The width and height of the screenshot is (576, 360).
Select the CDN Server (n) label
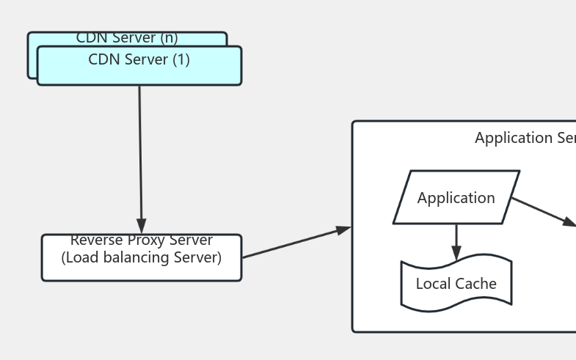(127, 38)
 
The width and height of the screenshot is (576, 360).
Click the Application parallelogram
(456, 197)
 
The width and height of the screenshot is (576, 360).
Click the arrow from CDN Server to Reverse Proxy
(140, 154)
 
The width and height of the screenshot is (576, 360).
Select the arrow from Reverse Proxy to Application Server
(294, 243)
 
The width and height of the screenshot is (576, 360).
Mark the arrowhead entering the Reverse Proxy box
(141, 226)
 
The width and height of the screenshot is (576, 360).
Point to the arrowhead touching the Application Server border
(343, 230)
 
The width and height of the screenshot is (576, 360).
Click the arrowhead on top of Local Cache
(456, 253)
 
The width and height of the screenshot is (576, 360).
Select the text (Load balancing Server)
(141, 257)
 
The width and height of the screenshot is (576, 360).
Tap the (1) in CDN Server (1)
(181, 60)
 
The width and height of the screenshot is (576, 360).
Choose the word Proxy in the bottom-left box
(144, 241)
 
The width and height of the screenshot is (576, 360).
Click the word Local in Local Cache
(433, 284)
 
